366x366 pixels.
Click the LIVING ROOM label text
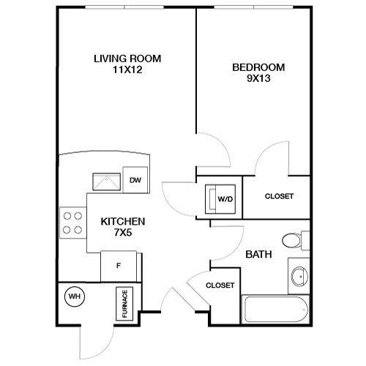(x=127, y=59)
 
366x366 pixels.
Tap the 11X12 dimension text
(x=127, y=71)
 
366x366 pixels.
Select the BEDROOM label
(x=258, y=67)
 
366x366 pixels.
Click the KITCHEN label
(x=122, y=221)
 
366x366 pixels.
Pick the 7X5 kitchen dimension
(x=122, y=234)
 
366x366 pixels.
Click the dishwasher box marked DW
(x=135, y=180)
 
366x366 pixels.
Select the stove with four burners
(x=72, y=223)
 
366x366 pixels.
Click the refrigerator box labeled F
(x=119, y=265)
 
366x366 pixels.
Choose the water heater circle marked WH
(x=74, y=296)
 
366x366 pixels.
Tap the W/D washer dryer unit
(x=221, y=198)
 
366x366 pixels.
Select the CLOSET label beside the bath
(x=220, y=285)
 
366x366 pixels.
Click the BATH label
(x=258, y=255)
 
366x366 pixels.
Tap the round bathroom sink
(x=298, y=276)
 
